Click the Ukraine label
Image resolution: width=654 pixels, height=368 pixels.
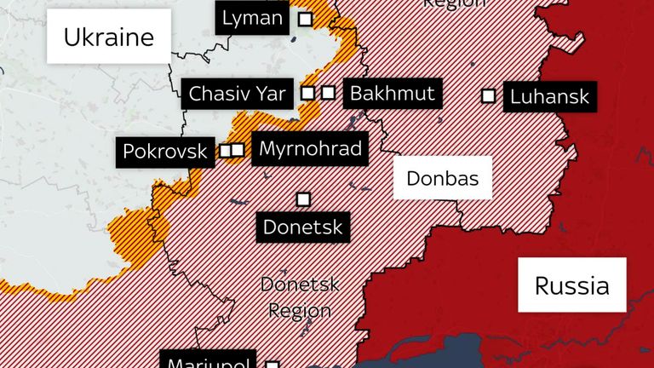tap(108, 37)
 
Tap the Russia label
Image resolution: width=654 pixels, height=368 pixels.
tap(571, 285)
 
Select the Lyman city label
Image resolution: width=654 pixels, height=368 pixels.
tap(252, 18)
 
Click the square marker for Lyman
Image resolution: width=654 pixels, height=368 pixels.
tap(304, 18)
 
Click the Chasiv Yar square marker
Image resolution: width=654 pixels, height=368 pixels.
tap(309, 93)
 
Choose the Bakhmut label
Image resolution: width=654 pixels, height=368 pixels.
tap(393, 93)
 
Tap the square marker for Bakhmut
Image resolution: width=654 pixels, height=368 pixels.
tap(328, 93)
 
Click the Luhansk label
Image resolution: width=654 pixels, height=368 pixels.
tap(549, 96)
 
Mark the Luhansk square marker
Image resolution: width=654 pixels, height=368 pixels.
tap(488, 95)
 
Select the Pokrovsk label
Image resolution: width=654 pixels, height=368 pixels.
tap(165, 152)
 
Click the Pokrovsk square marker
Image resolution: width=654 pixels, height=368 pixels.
tap(226, 151)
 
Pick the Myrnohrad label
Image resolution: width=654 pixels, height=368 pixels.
tap(311, 150)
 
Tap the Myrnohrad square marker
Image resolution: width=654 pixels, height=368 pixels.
tap(238, 150)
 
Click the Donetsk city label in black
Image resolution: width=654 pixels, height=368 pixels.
tap(302, 227)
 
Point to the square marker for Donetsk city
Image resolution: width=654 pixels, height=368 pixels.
tap(302, 198)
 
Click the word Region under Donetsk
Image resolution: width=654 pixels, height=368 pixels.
tap(299, 311)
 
